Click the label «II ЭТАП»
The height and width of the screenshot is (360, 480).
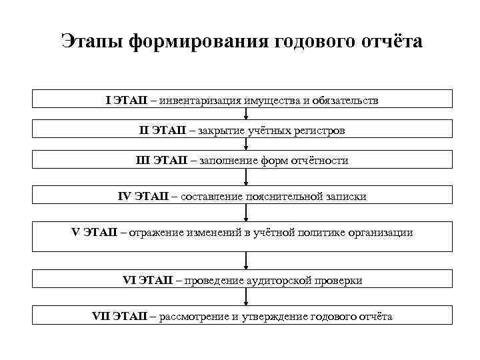tap(162, 131)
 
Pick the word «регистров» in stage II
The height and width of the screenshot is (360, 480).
tap(318, 131)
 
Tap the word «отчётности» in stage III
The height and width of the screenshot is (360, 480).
tap(317, 161)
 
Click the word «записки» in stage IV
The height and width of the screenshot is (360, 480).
tap(347, 197)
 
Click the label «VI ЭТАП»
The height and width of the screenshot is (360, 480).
tap(147, 281)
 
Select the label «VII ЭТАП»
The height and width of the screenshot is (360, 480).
tap(123, 316)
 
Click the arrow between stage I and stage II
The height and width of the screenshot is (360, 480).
tap(247, 114)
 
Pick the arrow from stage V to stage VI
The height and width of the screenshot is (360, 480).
tap(247, 260)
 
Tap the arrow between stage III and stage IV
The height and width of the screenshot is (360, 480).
tap(247, 177)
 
